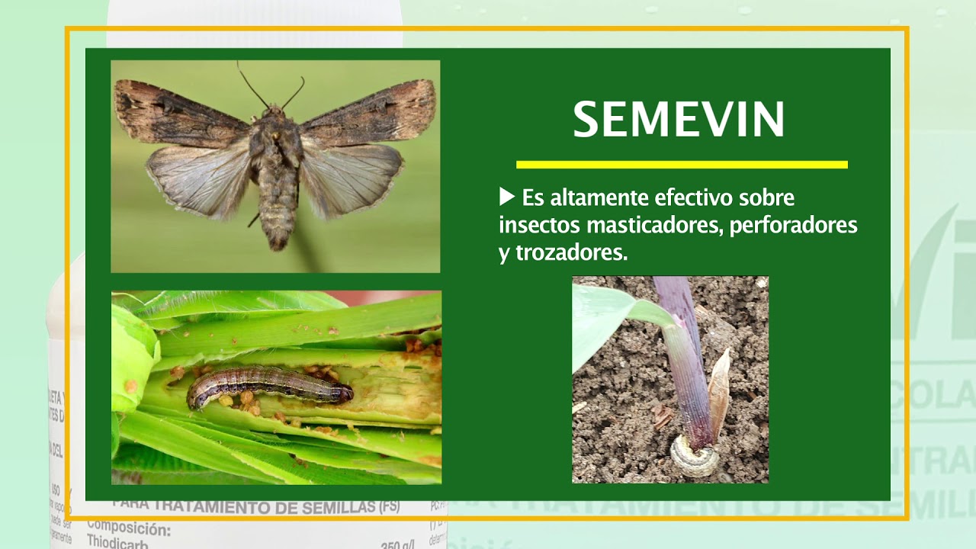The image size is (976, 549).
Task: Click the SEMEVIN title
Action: click(679, 120)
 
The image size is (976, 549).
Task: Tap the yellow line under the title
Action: click(681, 164)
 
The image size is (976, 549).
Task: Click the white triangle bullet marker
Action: click(507, 197)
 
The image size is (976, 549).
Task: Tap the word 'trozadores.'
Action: click(571, 253)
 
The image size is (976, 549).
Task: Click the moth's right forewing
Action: click(374, 112)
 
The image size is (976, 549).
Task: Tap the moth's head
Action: click(273, 114)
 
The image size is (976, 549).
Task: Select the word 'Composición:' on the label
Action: click(129, 528)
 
